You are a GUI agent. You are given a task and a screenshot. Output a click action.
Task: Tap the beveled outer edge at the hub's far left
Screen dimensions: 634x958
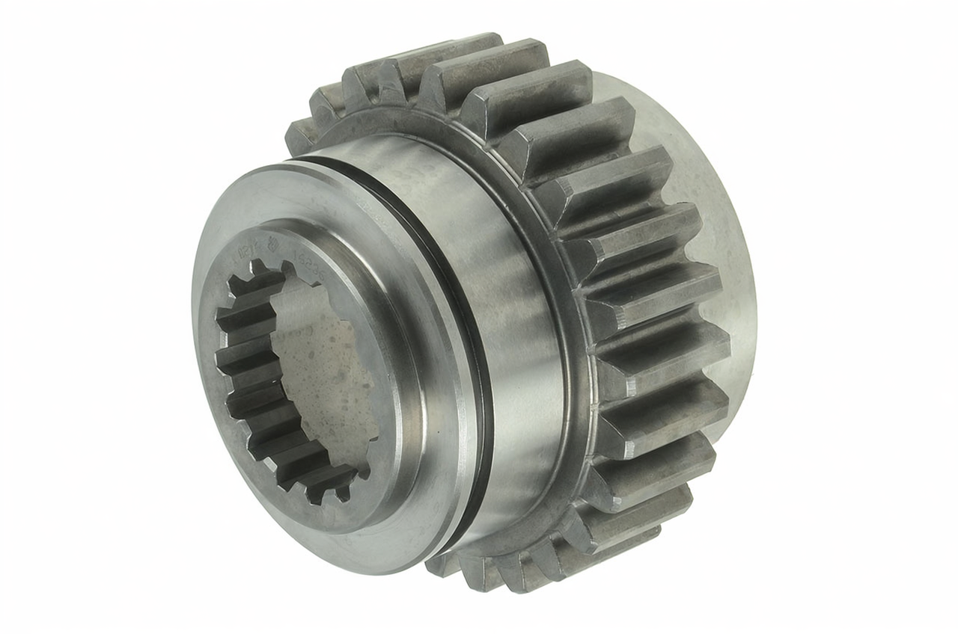pos(201,359)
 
